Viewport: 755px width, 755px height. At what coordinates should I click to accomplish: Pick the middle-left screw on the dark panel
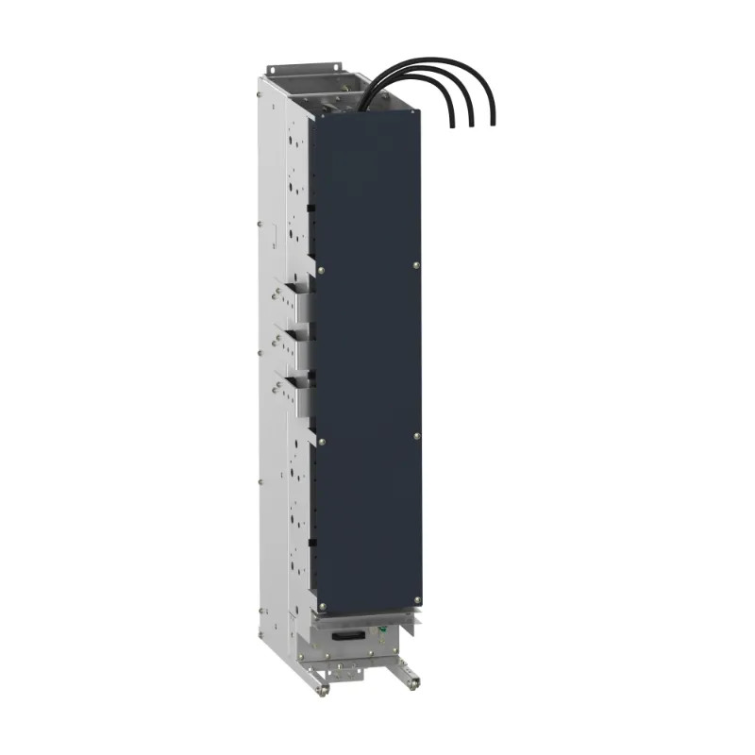click(322, 439)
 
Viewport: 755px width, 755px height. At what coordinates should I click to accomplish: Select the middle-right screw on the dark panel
click(416, 435)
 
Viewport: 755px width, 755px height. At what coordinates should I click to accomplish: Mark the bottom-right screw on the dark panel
click(416, 602)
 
